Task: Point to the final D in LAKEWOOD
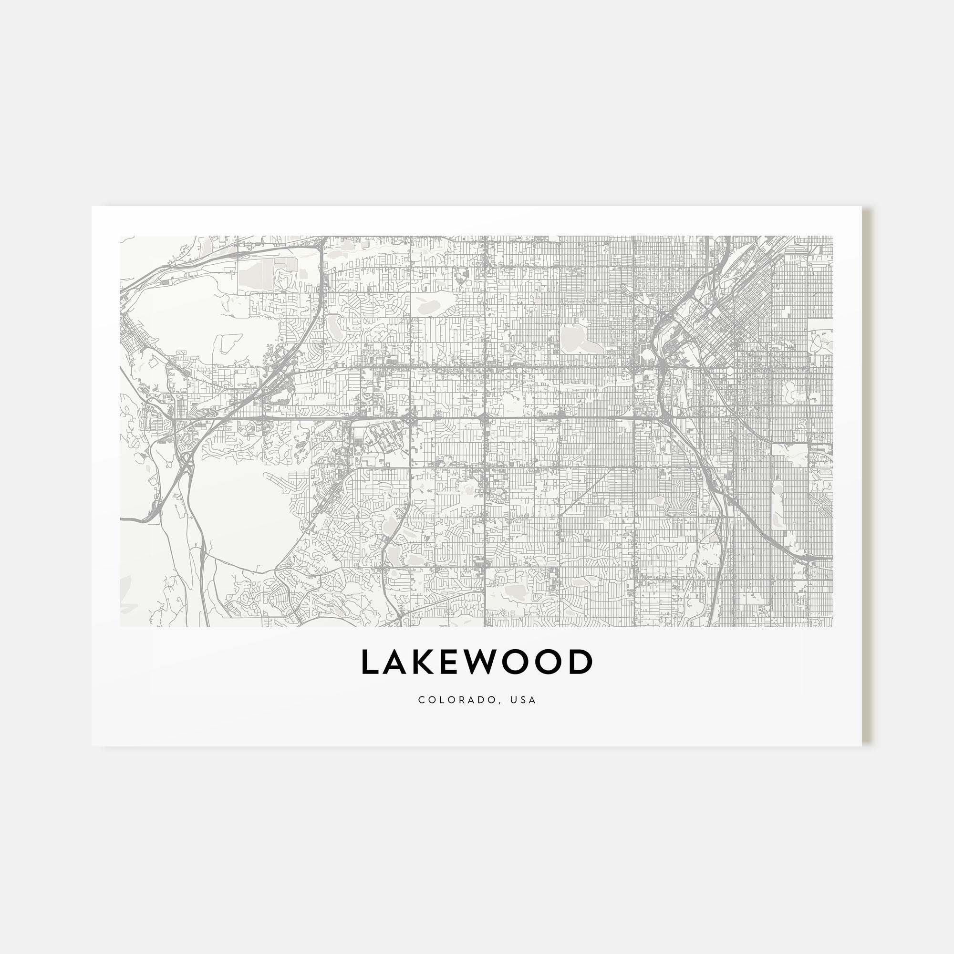[582, 662]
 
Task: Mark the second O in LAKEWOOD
[551, 662]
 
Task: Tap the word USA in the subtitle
[524, 700]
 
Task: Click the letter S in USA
[524, 700]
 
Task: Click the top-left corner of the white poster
[93, 207]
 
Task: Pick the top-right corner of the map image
[832, 237]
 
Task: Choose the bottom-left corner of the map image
[121, 627]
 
